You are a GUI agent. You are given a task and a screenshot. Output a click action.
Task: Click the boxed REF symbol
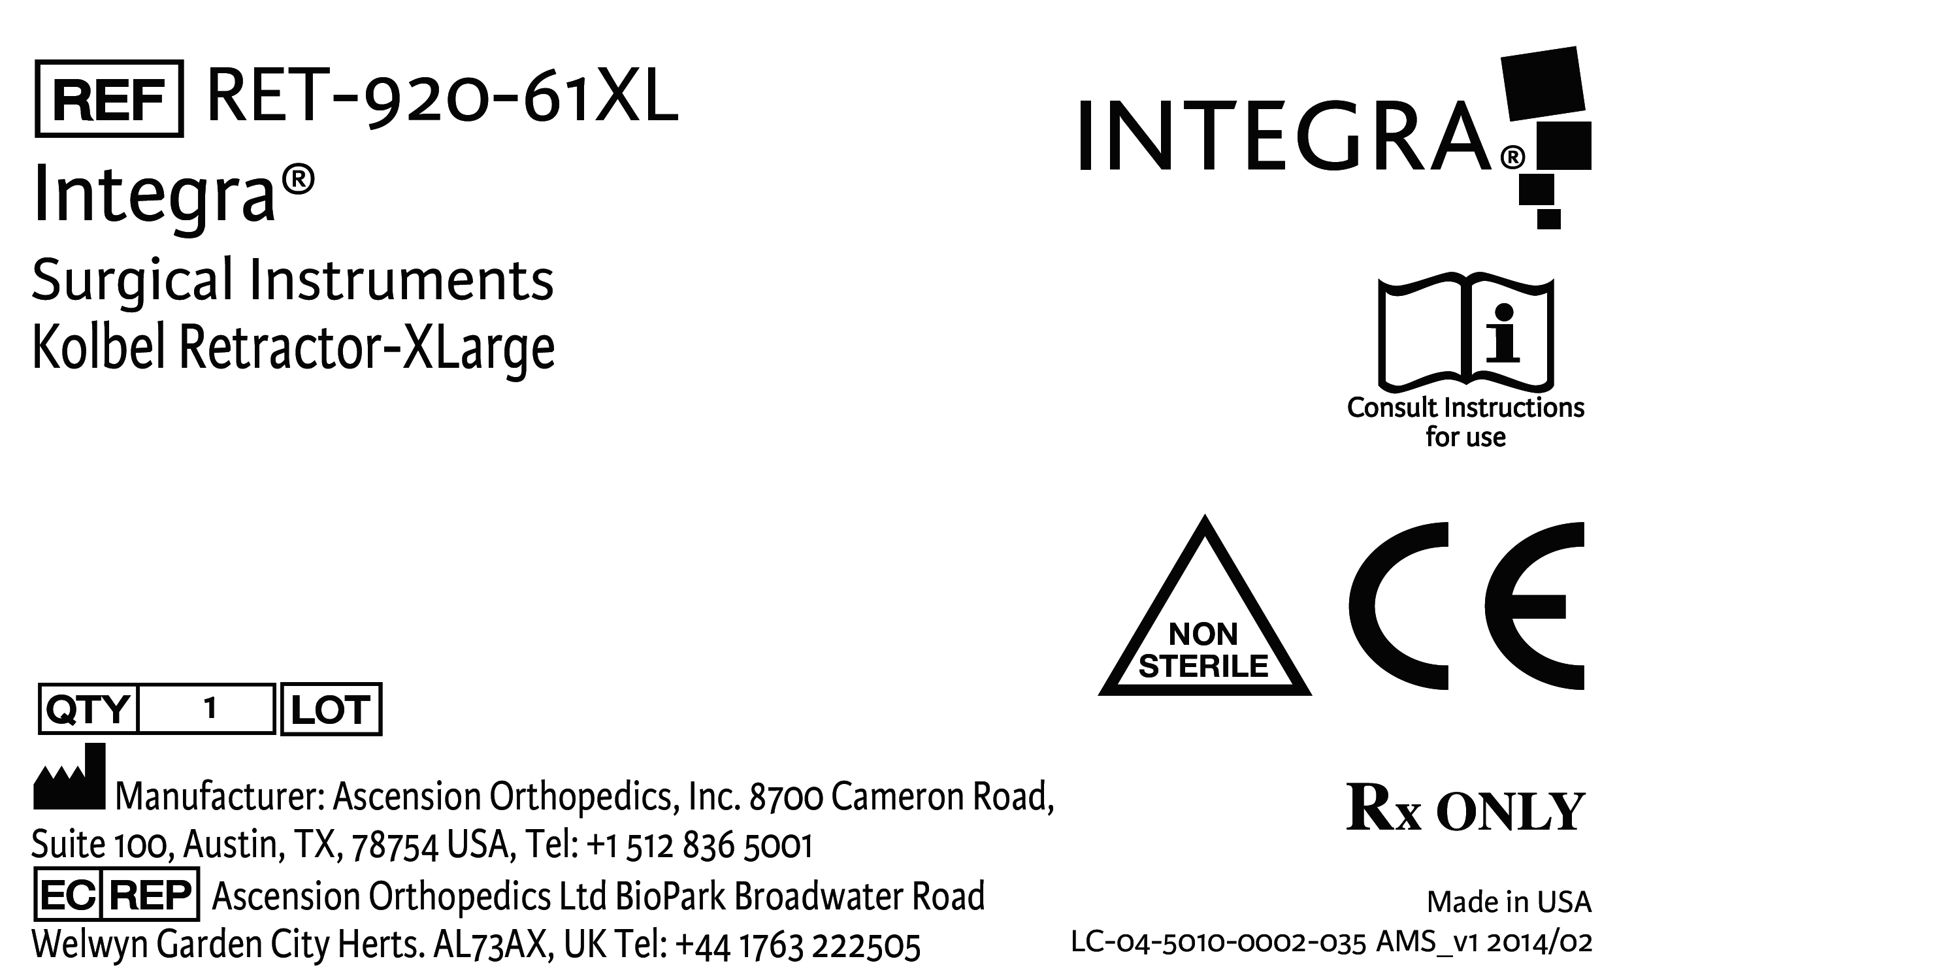[x=110, y=99]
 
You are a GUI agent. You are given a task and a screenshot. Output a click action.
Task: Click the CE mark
[x=1466, y=606]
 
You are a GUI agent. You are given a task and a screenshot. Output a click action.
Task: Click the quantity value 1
[x=210, y=709]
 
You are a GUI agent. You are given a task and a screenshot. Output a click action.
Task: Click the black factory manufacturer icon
[x=69, y=776]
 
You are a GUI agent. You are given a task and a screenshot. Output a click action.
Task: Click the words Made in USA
[x=1509, y=902]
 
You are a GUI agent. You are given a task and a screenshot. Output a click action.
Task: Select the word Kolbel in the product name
[x=101, y=347]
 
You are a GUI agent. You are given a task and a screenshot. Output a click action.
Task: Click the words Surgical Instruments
[x=293, y=280]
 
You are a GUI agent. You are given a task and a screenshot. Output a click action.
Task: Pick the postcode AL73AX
[x=490, y=945]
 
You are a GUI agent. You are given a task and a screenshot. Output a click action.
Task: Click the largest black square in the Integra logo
[x=1544, y=84]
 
